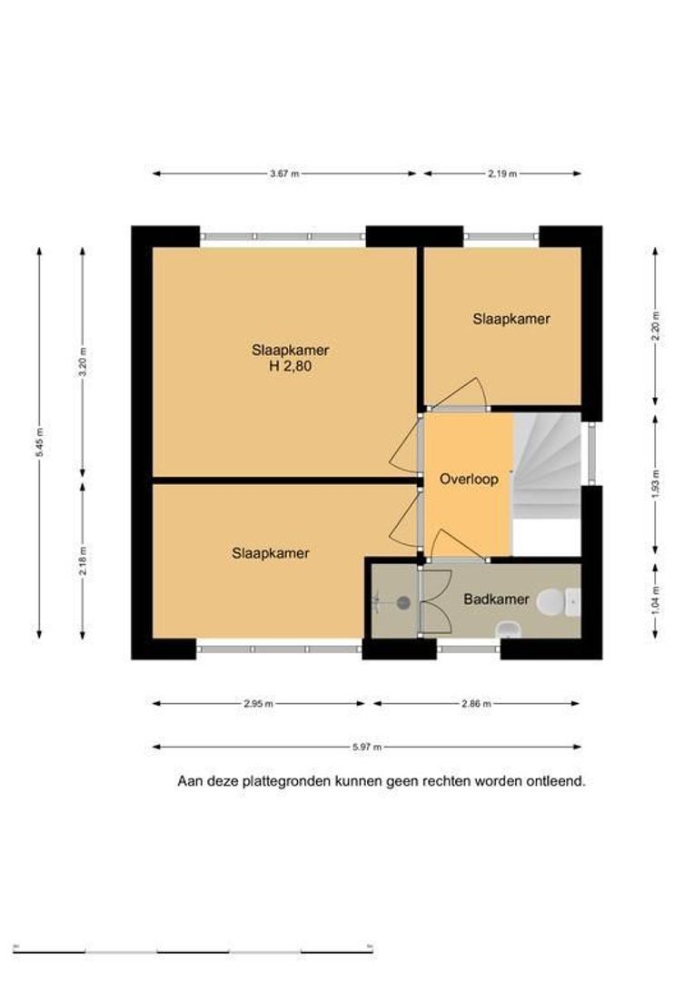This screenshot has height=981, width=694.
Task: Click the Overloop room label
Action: pyautogui.click(x=469, y=480)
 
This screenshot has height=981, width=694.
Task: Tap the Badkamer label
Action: pyautogui.click(x=496, y=599)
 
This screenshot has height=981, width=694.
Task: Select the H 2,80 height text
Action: pyautogui.click(x=290, y=366)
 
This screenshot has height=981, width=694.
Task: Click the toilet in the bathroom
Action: pyautogui.click(x=559, y=601)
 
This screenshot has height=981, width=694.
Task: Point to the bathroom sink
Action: pyautogui.click(x=507, y=629)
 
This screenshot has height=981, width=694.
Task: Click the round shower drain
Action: pyautogui.click(x=403, y=602)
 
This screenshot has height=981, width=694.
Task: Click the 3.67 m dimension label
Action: pyautogui.click(x=284, y=173)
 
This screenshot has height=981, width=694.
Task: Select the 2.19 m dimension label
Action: pyautogui.click(x=502, y=173)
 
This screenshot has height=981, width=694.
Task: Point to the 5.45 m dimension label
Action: pyautogui.click(x=39, y=441)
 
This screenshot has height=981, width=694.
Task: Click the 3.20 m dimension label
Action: pyautogui.click(x=83, y=362)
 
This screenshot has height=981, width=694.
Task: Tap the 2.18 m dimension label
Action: pyautogui.click(x=83, y=561)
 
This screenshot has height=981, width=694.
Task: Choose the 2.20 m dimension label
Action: pyautogui.click(x=655, y=326)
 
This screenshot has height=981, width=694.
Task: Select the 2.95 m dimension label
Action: pyautogui.click(x=259, y=704)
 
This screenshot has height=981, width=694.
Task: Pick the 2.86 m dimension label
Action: pyautogui.click(x=476, y=704)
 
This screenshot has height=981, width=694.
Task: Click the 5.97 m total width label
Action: pyautogui.click(x=367, y=747)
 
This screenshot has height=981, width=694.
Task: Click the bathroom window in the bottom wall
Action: pyautogui.click(x=468, y=649)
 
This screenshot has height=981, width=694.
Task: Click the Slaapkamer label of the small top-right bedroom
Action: pyautogui.click(x=511, y=319)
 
